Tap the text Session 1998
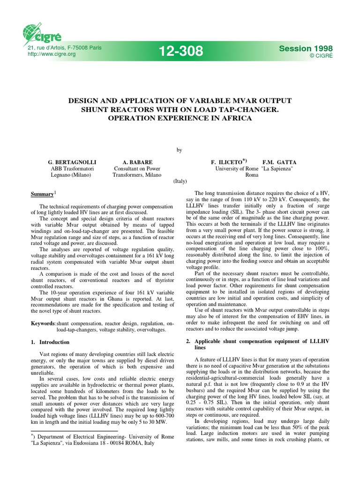point(302,48)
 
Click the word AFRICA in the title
point(234,118)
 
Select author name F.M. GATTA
point(279,162)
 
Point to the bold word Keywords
point(43,323)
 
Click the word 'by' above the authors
point(179,150)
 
